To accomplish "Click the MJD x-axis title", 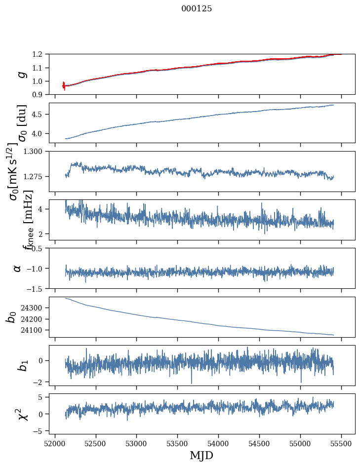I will (x=201, y=456).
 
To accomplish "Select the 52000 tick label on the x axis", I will (x=55, y=443).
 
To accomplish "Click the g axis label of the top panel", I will (x=21, y=74).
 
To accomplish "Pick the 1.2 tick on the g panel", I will (x=39, y=54).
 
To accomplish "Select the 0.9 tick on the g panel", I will (x=39, y=94).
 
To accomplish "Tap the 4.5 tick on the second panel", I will (x=39, y=115).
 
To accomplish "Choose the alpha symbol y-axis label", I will (x=17, y=268).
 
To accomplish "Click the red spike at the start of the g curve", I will (x=64, y=86).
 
